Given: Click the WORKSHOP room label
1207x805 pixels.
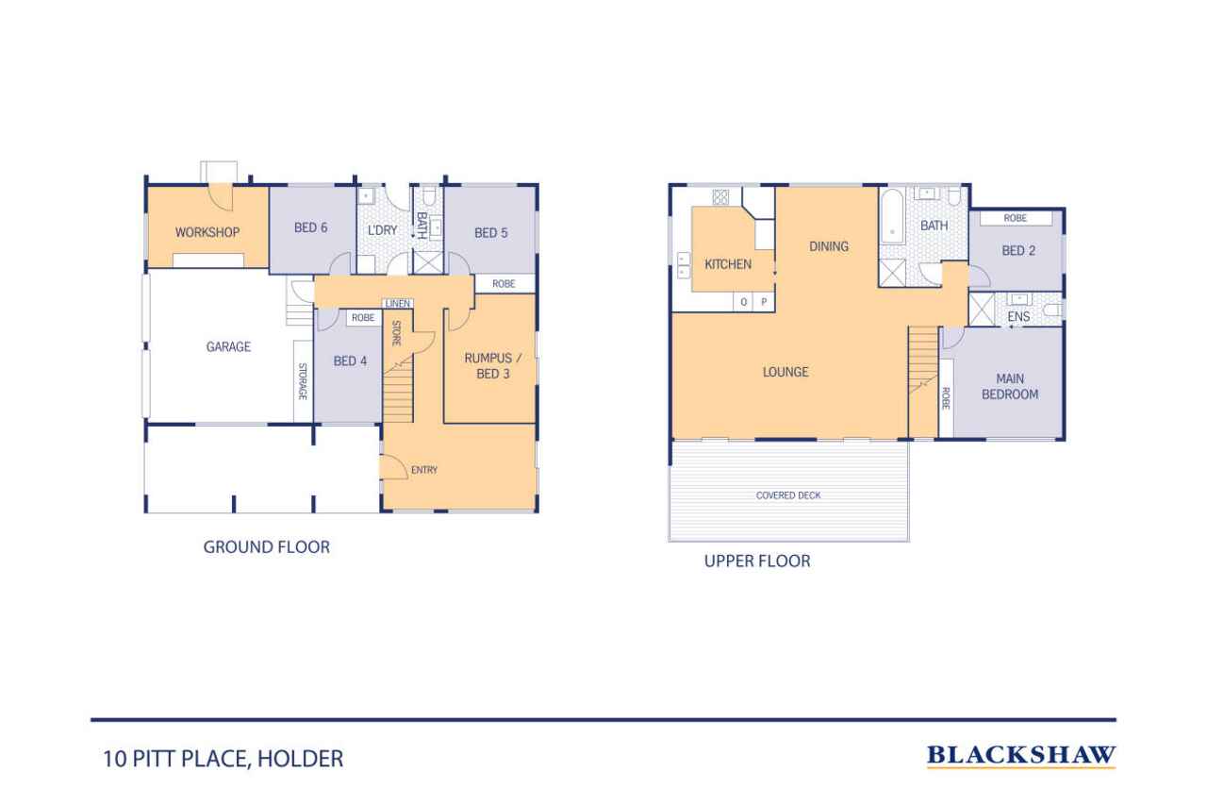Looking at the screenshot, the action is pos(207,232).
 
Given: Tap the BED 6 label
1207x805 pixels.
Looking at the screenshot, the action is pos(311,227).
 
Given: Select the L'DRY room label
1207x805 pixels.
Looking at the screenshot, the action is pos(383,230).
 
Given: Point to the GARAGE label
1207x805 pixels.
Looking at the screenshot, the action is pos(228,346).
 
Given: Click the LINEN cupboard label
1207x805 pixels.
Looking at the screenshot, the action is pos(398,304).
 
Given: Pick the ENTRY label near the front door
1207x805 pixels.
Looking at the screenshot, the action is pos(424,470).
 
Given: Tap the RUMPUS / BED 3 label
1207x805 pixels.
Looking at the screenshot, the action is pos(492,366).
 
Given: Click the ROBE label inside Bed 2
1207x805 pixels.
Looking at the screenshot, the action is pos(1016,218).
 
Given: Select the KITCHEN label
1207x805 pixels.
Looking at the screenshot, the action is pos(728,264).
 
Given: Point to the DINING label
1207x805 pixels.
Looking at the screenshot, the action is pos(829,246).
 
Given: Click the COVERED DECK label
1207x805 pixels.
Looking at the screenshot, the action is pos(788,495).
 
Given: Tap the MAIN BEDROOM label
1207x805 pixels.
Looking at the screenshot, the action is pos(1010,387).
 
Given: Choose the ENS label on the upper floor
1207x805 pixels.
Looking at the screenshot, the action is pos(1018,316).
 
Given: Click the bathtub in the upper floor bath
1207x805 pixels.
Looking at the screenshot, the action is pos(892,217).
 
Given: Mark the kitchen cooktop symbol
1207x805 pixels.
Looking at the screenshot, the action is pos(720,197).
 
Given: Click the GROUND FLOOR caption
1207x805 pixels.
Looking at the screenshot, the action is pos(267,547).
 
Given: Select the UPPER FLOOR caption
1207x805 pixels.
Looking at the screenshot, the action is pos(757,562).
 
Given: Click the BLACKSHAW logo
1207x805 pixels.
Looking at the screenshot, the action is pos(1021,756).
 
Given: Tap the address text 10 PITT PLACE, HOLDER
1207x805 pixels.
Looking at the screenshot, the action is pos(223,759).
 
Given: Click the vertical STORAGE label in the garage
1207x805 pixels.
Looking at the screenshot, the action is pos(303,381).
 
